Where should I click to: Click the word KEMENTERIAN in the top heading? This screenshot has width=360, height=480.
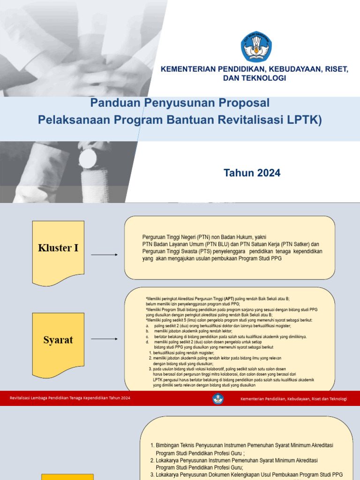click(187, 69)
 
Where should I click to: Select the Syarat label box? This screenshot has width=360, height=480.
click(58, 340)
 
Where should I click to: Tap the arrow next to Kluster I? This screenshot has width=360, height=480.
click(104, 255)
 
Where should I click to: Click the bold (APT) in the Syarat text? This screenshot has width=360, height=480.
click(229, 299)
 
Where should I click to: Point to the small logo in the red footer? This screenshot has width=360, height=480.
click(218, 398)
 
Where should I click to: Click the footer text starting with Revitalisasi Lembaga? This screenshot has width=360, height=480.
click(70, 398)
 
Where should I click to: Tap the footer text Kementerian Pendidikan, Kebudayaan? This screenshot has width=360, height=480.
click(293, 399)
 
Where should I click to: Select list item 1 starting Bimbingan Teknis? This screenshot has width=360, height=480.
click(245, 445)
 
